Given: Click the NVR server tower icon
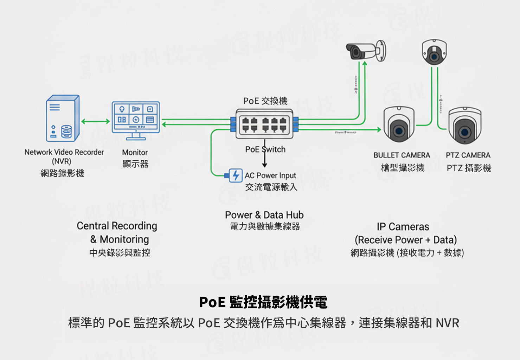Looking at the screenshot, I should [x=63, y=118].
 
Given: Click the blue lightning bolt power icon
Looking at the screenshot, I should [x=235, y=175].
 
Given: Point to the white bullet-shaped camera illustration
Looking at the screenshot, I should [x=366, y=51].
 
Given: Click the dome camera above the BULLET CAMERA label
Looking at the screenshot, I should [x=399, y=125].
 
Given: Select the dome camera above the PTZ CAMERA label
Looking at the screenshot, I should [x=464, y=126].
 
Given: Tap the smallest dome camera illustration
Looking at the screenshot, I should [x=434, y=52].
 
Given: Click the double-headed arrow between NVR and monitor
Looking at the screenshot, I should [x=96, y=122].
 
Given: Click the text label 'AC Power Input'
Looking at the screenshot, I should [x=270, y=175].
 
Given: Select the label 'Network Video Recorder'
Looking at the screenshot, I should [x=64, y=152].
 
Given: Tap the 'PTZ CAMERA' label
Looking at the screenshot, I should [x=468, y=155].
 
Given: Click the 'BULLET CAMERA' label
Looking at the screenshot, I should [x=402, y=155].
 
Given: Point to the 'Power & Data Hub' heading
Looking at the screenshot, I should [x=264, y=215].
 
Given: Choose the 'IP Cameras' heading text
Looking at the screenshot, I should [x=403, y=227].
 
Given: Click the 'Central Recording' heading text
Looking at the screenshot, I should [x=117, y=226].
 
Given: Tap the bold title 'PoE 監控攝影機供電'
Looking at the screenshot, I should [x=263, y=302].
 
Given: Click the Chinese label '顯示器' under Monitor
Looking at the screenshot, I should [x=135, y=164].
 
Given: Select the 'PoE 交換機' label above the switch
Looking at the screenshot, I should [x=265, y=101].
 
